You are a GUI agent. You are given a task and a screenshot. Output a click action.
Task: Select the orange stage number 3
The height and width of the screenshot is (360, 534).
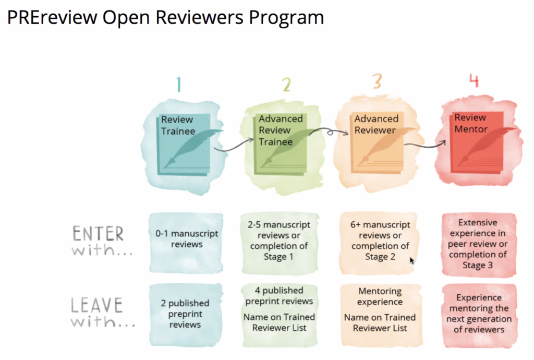click(x=377, y=82)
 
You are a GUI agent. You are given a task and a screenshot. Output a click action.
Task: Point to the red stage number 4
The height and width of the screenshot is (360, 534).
click(x=474, y=81)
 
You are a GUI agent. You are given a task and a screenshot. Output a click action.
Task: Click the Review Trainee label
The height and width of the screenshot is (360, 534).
click(x=178, y=125)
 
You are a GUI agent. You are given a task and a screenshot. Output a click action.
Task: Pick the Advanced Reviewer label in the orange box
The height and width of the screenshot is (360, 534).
click(x=376, y=124)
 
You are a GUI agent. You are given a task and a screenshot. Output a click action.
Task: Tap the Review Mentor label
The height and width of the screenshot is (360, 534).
click(x=471, y=123)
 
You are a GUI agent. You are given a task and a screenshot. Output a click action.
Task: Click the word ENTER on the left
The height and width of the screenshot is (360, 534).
click(x=98, y=234)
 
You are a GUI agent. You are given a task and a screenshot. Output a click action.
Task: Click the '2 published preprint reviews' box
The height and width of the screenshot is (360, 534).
click(x=185, y=314)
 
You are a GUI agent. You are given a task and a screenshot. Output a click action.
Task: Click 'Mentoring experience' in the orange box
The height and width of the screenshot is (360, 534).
click(x=380, y=296)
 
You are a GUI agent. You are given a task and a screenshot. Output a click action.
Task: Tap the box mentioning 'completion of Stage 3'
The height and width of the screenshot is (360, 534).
click(x=478, y=244)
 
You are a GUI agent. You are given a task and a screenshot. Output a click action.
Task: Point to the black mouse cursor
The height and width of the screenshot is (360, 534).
click(x=412, y=260)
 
